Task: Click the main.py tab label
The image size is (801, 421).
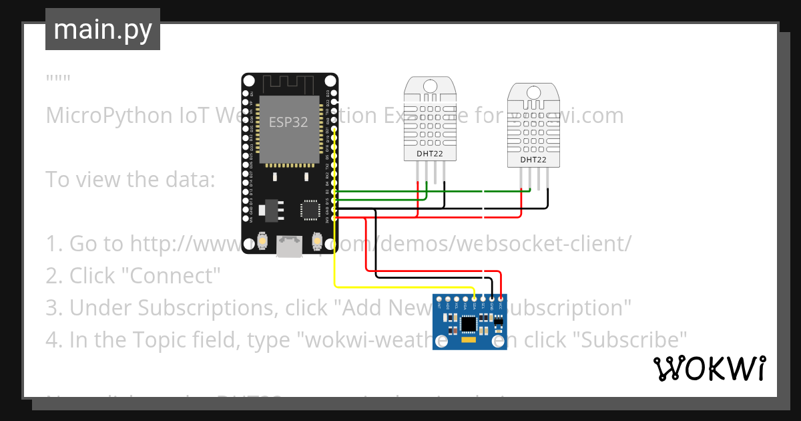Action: pyautogui.click(x=102, y=30)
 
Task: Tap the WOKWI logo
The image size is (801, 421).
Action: pyautogui.click(x=710, y=369)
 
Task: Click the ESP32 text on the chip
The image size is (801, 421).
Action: pyautogui.click(x=288, y=122)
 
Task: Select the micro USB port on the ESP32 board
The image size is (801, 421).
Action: pyautogui.click(x=289, y=247)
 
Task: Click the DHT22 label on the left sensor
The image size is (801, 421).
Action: pyautogui.click(x=429, y=154)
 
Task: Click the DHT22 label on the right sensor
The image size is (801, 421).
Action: pyautogui.click(x=533, y=160)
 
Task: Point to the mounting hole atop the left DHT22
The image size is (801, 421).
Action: pyautogui.click(x=429, y=86)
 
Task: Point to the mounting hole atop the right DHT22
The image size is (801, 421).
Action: pyautogui.click(x=533, y=92)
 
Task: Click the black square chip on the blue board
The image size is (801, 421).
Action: pyautogui.click(x=469, y=324)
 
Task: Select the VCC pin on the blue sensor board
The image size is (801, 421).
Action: pyautogui.click(x=501, y=299)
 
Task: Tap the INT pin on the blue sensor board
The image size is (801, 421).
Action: pyautogui.click(x=439, y=299)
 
